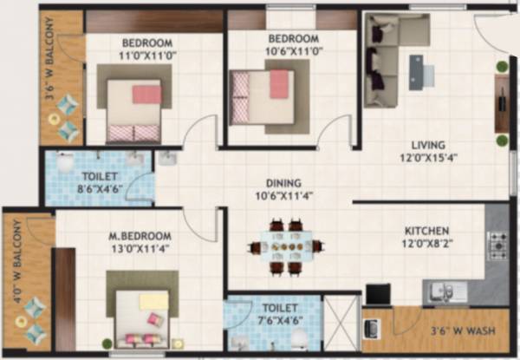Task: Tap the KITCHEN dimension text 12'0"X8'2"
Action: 427,245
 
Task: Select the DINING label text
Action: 284,183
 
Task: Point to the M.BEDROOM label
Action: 141,236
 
